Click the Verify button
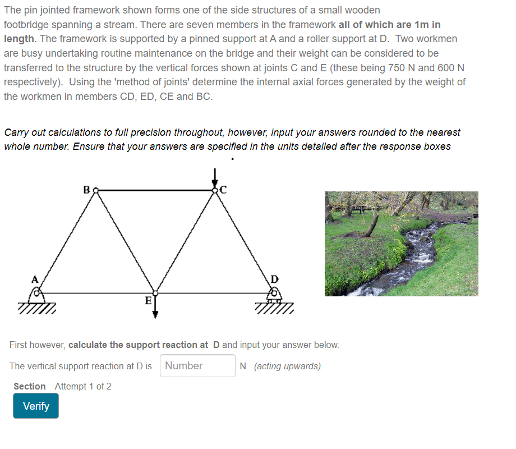36,406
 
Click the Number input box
197,366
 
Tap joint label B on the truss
86,190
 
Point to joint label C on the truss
223,189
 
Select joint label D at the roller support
274,279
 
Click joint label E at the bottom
148,301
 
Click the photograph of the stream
401,244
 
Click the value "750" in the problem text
413,67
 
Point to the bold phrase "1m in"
426,25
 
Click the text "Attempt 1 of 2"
83,386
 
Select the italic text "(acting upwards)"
288,366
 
